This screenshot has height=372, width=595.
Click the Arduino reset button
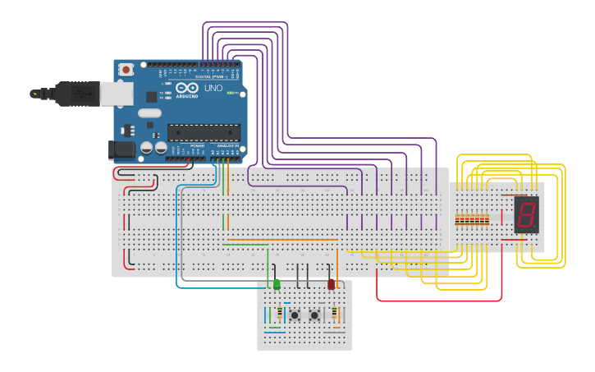coord(126,71)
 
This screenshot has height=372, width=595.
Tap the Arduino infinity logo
coord(186,88)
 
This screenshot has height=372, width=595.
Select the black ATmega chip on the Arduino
coord(204,132)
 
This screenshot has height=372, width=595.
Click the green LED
coord(277,284)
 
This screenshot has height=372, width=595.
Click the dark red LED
coord(332,284)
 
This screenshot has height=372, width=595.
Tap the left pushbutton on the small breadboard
coord(295,315)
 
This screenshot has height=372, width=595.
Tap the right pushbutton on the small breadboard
coord(314,315)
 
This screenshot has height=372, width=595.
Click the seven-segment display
coord(526,214)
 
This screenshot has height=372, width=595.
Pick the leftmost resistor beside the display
coord(457,219)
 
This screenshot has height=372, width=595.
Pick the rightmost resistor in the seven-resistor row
coord(487,219)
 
